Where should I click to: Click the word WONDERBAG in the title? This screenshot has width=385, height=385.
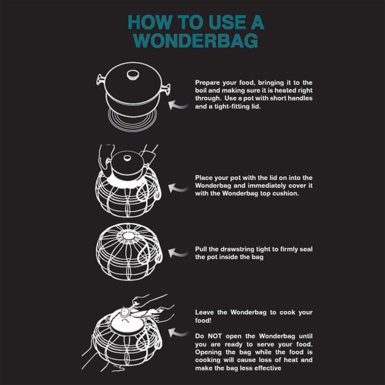(x=196, y=40)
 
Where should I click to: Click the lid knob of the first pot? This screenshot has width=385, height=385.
(x=133, y=75)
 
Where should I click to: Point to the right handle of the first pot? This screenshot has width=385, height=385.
(x=165, y=89)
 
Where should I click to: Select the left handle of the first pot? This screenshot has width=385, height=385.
(x=100, y=80)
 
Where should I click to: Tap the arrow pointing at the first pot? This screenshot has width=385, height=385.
(x=178, y=105)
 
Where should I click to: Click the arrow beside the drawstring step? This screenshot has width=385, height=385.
(x=178, y=253)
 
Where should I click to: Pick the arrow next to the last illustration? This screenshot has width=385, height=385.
(x=178, y=332)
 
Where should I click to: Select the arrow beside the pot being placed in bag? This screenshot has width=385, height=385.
(x=178, y=188)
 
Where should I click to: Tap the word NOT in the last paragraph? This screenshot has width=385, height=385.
(x=215, y=336)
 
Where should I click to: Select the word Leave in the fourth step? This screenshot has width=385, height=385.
(x=204, y=312)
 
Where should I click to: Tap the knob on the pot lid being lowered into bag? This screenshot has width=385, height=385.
(x=127, y=158)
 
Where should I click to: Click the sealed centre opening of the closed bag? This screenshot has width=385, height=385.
(x=128, y=236)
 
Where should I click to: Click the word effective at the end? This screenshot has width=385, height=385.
(x=268, y=368)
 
